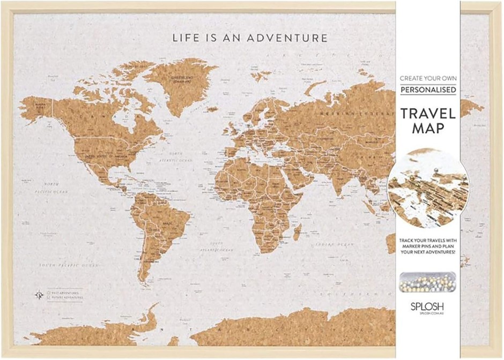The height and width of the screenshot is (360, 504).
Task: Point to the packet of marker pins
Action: point(427,281)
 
